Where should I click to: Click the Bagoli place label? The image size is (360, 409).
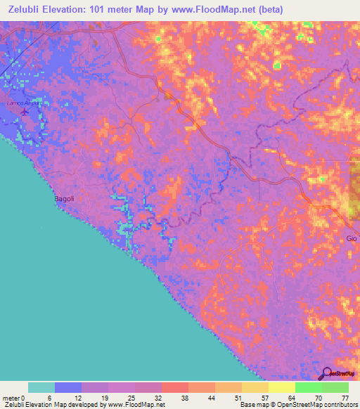pos(64,199)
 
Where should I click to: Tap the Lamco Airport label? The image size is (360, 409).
pos(20,103)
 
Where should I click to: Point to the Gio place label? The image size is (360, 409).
pos(352,239)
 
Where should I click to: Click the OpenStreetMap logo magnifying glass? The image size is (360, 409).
pos(326,373)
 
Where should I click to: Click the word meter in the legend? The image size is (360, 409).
pos(12,397)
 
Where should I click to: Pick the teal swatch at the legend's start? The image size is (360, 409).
pos(41,387)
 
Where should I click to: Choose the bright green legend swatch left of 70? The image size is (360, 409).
pos(309,387)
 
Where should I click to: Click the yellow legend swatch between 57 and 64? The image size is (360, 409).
pos(282,387)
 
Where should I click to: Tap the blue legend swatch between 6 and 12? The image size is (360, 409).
pos(68,387)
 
